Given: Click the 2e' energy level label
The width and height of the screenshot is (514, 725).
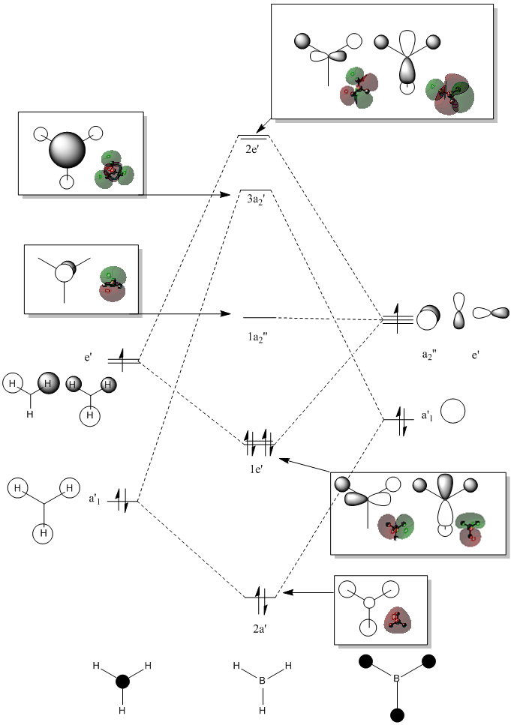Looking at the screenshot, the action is click(252, 149).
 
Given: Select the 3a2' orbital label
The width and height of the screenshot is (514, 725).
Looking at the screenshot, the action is click(255, 199).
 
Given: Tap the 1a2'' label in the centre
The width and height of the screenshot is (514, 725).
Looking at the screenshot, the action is click(257, 337).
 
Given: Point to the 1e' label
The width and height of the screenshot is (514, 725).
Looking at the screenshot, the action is click(257, 469).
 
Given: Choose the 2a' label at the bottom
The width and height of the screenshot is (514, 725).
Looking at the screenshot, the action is click(260, 629).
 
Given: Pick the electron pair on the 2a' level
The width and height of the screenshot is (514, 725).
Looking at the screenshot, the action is click(261, 600).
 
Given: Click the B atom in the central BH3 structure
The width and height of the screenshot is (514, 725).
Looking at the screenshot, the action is click(262, 681).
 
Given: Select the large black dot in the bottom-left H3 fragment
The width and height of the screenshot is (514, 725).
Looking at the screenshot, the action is click(122, 681).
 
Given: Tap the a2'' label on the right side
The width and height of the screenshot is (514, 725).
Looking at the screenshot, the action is click(429, 355).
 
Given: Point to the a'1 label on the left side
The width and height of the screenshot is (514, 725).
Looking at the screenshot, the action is click(95, 499).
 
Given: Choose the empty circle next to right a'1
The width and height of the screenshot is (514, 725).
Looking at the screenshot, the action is click(452, 411).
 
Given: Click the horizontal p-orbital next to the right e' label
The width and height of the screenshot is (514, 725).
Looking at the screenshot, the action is click(491, 313).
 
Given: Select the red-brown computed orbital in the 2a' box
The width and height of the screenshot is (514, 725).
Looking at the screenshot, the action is click(398, 619).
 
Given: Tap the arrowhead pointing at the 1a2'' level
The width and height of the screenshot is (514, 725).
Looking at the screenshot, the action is click(226, 314).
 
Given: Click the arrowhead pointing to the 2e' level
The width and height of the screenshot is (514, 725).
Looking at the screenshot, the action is click(260, 128).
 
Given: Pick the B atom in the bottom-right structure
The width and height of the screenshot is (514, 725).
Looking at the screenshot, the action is click(396, 679).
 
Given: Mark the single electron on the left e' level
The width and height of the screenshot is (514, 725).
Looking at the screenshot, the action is click(122, 360).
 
